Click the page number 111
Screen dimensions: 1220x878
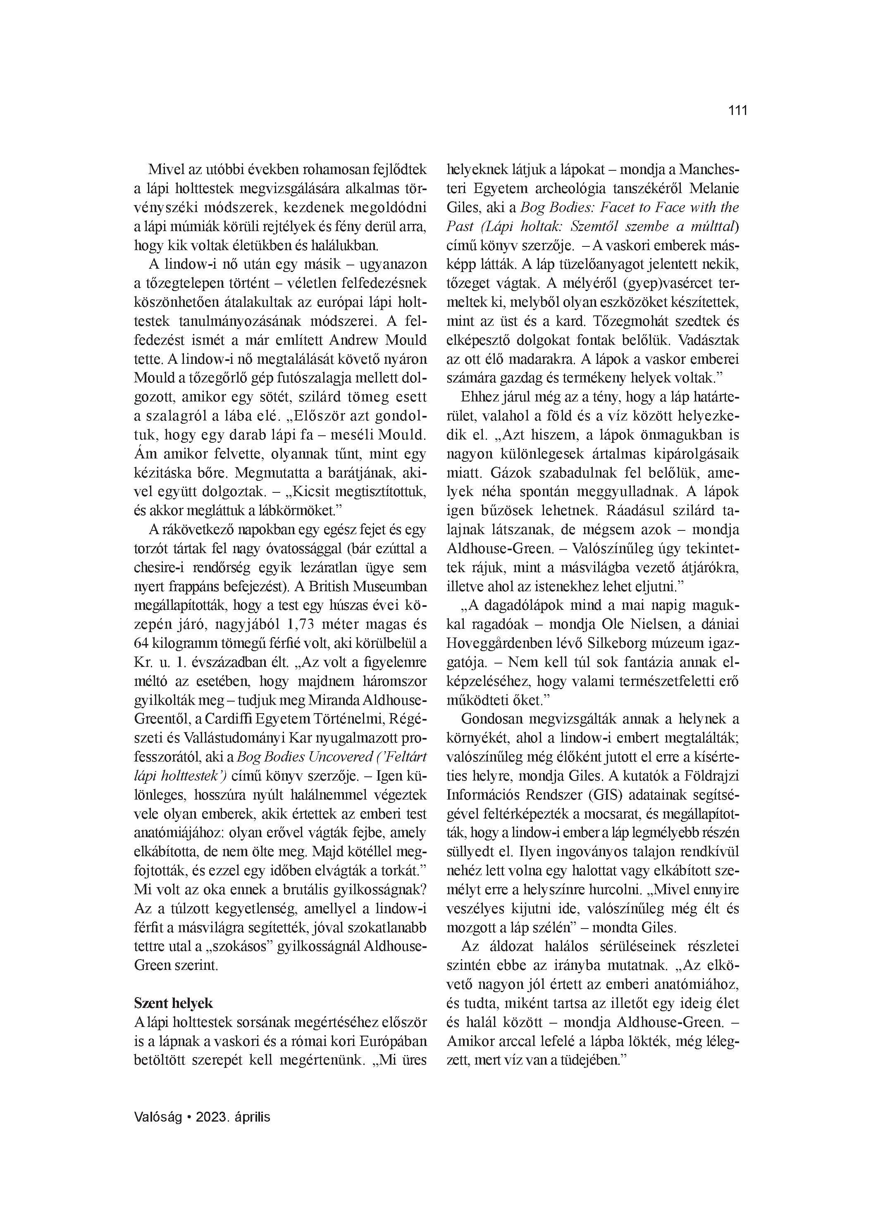click(737, 111)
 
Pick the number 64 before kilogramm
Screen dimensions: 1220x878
click(141, 643)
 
